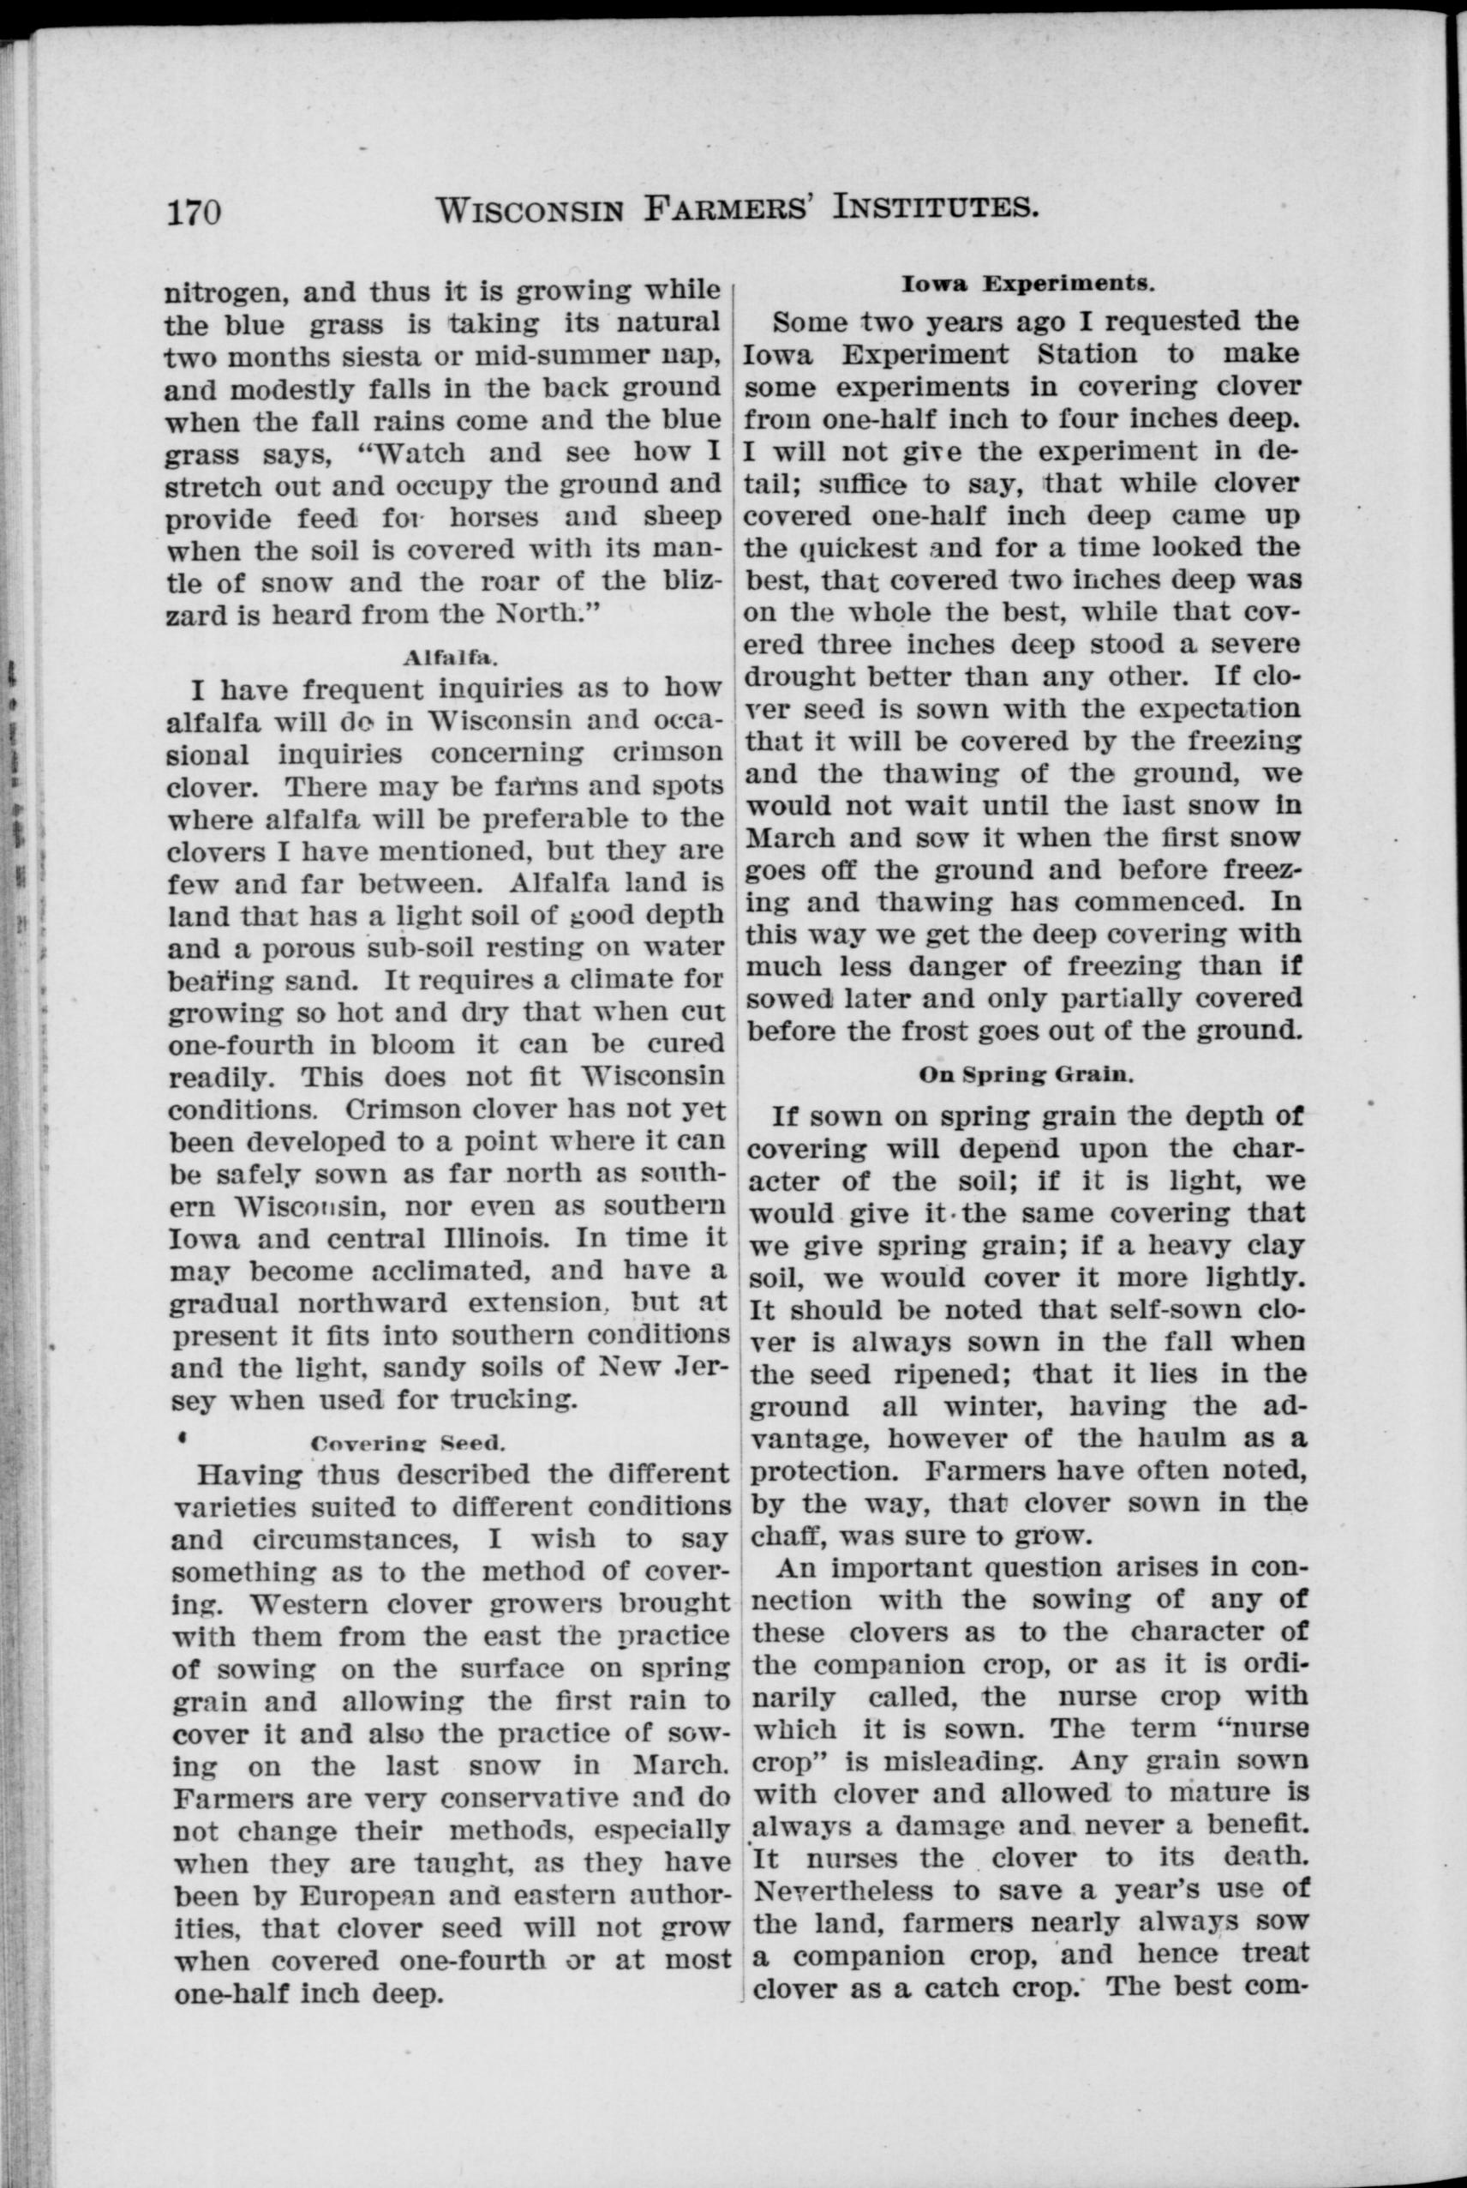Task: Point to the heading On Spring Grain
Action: click(x=1026, y=1074)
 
